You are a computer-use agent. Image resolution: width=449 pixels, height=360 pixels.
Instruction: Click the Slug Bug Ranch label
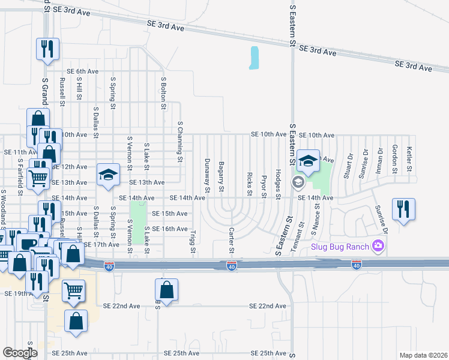point(339,246)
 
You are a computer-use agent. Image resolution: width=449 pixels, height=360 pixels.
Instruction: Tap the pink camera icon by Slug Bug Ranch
point(378,245)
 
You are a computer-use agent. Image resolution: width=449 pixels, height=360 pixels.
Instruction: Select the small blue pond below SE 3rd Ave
point(255,58)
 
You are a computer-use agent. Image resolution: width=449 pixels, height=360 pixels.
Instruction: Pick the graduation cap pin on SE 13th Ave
point(108,174)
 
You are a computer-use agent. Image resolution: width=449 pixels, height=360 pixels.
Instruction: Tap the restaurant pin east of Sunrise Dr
point(402,209)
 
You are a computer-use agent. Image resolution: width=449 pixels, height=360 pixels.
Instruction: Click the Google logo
point(19,353)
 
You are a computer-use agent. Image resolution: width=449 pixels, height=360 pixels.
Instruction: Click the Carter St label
point(231,240)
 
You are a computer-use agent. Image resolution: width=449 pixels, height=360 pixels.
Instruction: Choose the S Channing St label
point(179,142)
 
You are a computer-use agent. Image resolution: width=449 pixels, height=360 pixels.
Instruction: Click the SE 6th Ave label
point(83,71)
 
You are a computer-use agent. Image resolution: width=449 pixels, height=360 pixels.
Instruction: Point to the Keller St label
point(409,158)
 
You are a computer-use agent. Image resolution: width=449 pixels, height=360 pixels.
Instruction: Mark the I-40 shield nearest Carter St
point(231,265)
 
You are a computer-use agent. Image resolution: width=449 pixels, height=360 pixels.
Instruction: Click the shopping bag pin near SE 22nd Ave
point(167,290)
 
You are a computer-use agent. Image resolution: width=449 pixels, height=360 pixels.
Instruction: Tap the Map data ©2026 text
point(423,355)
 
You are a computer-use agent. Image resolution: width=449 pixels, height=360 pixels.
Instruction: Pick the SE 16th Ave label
point(170,229)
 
